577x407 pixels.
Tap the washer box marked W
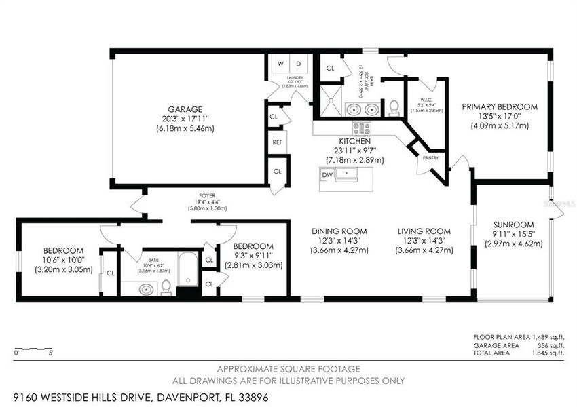280,64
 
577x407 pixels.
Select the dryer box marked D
298,64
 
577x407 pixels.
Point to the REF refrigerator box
277,142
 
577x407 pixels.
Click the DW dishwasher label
328,175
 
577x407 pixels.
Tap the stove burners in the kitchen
360,127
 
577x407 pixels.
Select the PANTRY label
430,158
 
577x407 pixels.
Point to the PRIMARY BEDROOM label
500,107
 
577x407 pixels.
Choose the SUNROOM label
513,225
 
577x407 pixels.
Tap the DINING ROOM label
339,231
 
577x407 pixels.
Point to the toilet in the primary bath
393,107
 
